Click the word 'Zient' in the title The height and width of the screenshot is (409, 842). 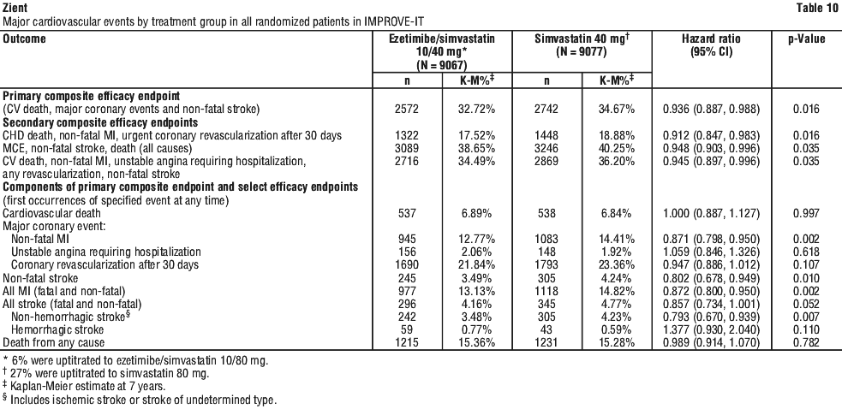pos(14,8)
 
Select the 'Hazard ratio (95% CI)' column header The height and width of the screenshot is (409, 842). pos(712,45)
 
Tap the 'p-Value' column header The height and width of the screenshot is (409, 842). pos(807,39)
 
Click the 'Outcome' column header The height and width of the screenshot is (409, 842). pos(24,39)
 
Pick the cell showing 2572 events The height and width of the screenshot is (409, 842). pos(407,110)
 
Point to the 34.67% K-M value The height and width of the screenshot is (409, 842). pos(617,110)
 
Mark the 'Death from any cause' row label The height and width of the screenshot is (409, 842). pos(54,342)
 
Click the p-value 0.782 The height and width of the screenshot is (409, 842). pos(807,342)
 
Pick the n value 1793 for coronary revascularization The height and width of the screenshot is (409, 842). pos(546,265)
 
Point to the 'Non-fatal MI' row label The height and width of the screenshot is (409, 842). pos(39,240)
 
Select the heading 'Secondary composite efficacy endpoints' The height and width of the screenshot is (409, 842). pos(100,122)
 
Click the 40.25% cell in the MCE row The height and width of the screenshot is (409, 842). pos(617,148)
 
